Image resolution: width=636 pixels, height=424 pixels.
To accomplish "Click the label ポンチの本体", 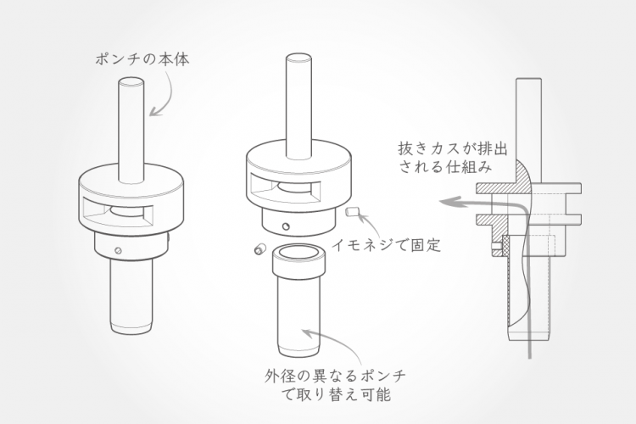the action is (142, 59).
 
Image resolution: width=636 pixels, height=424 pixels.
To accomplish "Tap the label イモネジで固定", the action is (386, 245).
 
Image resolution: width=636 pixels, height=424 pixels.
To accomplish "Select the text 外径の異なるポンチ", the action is (335, 376).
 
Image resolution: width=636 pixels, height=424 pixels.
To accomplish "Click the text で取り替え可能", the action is (336, 394).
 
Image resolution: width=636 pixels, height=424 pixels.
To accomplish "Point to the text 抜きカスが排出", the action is (453, 149).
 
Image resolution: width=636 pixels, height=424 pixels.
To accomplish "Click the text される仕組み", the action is (445, 166).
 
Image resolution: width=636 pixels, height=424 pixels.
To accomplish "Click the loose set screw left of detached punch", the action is (259, 248).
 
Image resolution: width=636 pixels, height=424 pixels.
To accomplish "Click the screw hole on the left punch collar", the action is (118, 250).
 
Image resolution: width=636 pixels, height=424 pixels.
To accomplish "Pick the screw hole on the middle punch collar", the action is (287, 226).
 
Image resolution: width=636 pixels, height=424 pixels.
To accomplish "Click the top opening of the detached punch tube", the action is (298, 252).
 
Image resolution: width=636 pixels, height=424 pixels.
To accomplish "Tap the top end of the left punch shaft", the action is (131, 82).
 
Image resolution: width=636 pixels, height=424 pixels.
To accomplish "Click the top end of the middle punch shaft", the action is (299, 59).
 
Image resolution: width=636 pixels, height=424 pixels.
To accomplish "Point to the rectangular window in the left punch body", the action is (118, 212).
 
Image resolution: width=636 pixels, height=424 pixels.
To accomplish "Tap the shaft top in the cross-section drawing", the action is (529, 80).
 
